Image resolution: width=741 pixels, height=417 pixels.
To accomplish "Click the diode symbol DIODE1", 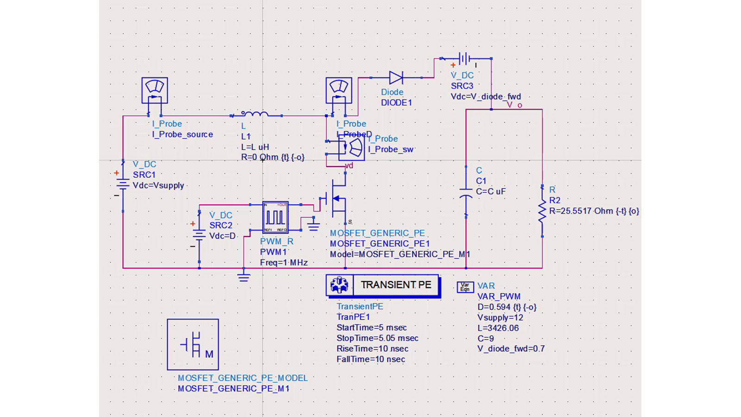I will click(x=396, y=78).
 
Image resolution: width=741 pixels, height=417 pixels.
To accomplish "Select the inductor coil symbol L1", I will click(x=255, y=114).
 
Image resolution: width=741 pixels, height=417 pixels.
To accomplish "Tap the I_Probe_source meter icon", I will click(x=155, y=90).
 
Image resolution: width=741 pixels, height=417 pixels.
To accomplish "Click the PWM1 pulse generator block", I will click(x=276, y=217).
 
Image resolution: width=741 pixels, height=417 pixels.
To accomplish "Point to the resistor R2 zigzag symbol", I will click(x=542, y=211).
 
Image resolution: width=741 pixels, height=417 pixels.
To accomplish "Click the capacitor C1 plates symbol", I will click(x=466, y=193).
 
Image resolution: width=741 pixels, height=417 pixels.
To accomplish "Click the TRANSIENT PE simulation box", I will click(x=383, y=285).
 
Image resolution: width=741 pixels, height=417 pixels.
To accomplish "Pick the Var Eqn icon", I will click(x=465, y=287).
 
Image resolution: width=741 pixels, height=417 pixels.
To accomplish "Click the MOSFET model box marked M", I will click(x=193, y=344).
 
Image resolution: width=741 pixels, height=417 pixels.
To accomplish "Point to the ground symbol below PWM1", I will click(x=244, y=277).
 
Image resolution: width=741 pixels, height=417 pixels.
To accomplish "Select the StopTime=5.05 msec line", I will click(x=377, y=338).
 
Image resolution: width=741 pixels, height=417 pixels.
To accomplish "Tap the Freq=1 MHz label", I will click(x=283, y=263).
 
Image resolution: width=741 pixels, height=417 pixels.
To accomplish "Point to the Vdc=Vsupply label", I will click(x=158, y=185).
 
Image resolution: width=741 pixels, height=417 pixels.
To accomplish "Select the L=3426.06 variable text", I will click(x=498, y=328).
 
